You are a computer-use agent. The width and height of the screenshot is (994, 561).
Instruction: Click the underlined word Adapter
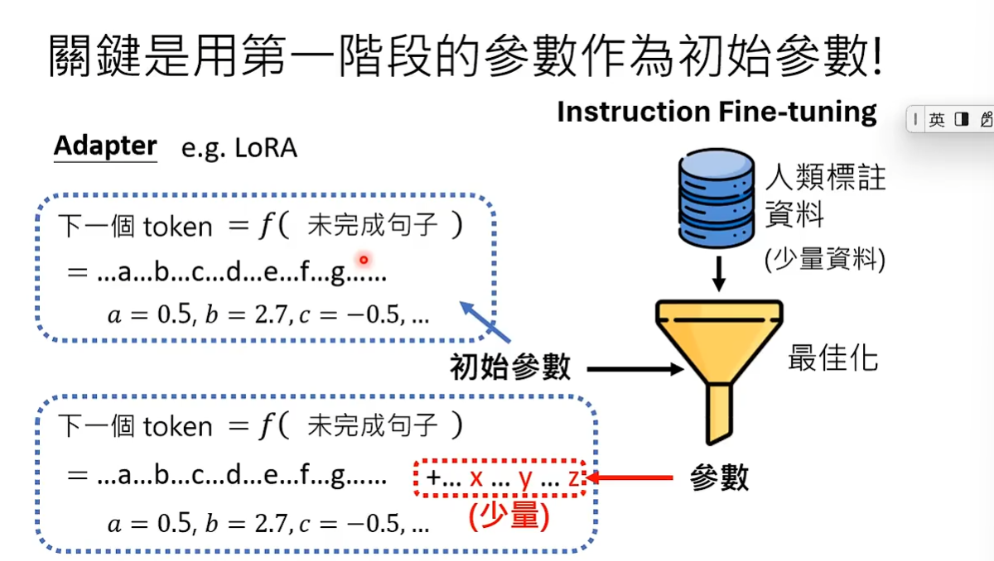pyautogui.click(x=105, y=146)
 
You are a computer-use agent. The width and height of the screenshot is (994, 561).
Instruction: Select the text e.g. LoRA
pyautogui.click(x=239, y=149)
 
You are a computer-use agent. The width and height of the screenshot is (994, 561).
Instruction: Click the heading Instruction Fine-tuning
pyautogui.click(x=717, y=112)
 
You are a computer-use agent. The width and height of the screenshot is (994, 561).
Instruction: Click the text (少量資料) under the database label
pyautogui.click(x=825, y=260)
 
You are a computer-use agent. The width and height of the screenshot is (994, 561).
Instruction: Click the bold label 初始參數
pyautogui.click(x=510, y=367)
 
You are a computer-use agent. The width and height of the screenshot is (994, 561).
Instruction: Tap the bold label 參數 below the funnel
pyautogui.click(x=719, y=477)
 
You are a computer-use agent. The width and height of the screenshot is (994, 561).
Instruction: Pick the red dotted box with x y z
pyautogui.click(x=500, y=477)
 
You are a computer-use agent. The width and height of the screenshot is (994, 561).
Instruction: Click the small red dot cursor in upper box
pyautogui.click(x=363, y=260)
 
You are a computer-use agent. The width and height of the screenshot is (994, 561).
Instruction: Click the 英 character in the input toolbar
pyautogui.click(x=937, y=120)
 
